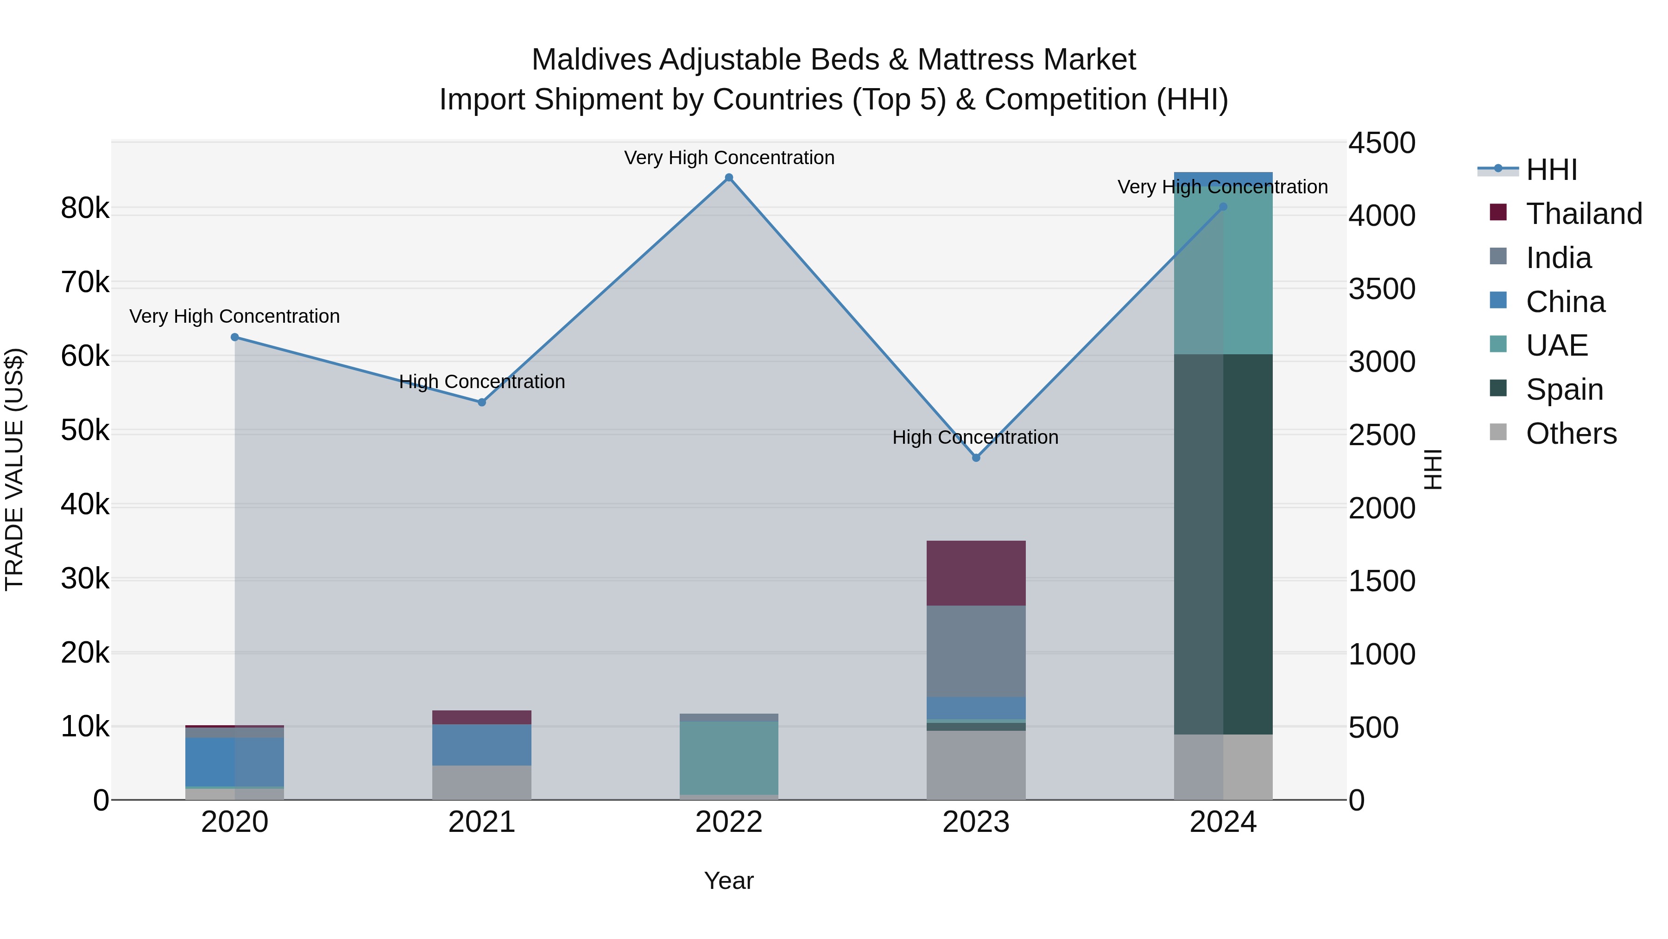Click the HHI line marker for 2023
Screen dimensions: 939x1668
(x=976, y=458)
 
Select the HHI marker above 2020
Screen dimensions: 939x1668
(x=234, y=337)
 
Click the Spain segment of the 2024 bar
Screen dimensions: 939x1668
(x=1223, y=544)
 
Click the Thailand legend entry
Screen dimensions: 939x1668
(x=1583, y=214)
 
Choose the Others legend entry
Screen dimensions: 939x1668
(x=1571, y=434)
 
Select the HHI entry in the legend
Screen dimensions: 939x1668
(x=1551, y=170)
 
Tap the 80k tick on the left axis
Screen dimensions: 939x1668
(x=85, y=208)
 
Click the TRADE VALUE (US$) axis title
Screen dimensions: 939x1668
(x=14, y=469)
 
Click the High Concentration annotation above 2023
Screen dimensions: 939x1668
(x=975, y=437)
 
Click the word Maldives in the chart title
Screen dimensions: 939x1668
(x=591, y=60)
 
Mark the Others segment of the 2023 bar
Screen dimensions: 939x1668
(x=976, y=765)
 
